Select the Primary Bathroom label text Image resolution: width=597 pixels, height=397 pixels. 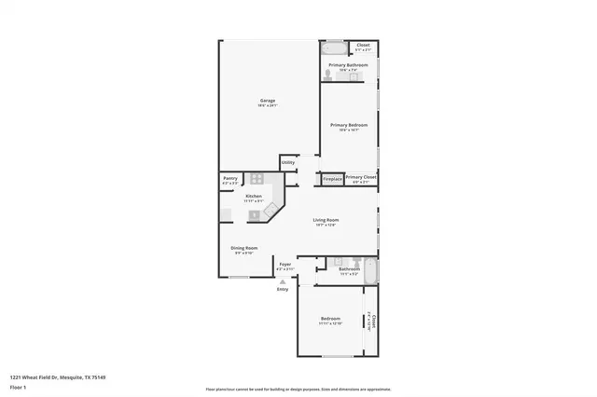point(348,65)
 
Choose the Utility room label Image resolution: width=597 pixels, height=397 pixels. point(287,163)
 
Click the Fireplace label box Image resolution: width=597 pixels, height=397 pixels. point(332,178)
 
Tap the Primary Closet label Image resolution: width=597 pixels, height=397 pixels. point(360,177)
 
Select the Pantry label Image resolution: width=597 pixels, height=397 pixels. point(229,178)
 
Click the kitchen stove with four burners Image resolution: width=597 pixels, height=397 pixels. point(256,180)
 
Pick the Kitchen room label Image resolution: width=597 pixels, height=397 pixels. point(254,197)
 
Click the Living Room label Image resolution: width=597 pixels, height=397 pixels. point(326,221)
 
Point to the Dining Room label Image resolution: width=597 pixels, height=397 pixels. point(244,248)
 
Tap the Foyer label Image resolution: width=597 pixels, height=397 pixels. point(285,265)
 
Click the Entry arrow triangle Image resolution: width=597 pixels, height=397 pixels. point(283,281)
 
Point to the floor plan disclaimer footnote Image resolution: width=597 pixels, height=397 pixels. point(298,390)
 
